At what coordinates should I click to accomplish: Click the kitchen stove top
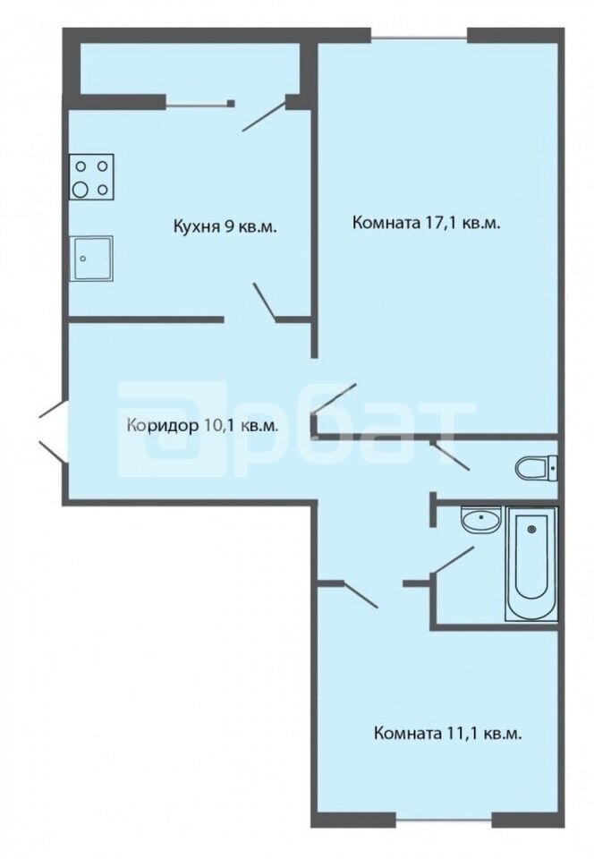[x=91, y=177]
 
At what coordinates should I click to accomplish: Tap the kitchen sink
[x=90, y=258]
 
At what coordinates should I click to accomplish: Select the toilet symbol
[x=537, y=468]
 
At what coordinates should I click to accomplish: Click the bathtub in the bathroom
[x=531, y=564]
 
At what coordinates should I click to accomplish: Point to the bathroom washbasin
[x=481, y=519]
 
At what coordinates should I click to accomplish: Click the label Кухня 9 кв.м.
[x=225, y=226]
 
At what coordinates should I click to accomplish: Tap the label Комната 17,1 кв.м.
[x=427, y=223]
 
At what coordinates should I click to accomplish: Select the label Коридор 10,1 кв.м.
[x=202, y=425]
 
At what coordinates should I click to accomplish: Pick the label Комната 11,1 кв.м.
[x=447, y=734]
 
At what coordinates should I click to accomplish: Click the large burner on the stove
[x=81, y=190]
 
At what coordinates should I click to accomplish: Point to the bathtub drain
[x=531, y=529]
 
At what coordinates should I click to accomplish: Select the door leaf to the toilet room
[x=450, y=455]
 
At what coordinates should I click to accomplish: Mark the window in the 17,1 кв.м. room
[x=420, y=38]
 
